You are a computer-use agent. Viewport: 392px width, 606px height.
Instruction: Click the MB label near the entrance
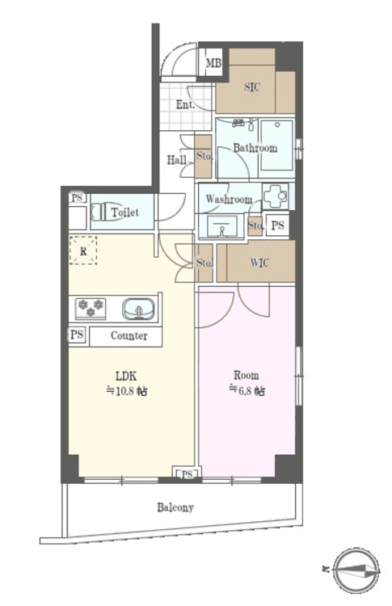(213, 64)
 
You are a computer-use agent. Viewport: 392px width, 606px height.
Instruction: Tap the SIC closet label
(251, 87)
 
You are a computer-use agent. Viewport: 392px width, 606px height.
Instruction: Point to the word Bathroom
(255, 148)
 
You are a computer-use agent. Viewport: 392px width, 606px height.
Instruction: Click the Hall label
(178, 160)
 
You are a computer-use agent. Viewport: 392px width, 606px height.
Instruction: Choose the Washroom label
(229, 200)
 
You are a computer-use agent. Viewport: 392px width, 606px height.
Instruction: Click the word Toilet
(125, 213)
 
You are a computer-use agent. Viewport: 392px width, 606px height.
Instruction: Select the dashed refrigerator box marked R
(83, 250)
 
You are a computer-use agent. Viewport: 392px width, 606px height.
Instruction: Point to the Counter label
(129, 335)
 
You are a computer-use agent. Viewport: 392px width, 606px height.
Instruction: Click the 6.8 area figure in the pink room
(248, 392)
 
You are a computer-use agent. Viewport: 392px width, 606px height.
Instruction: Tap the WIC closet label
(260, 263)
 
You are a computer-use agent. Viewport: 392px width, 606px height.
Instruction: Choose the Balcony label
(175, 507)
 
